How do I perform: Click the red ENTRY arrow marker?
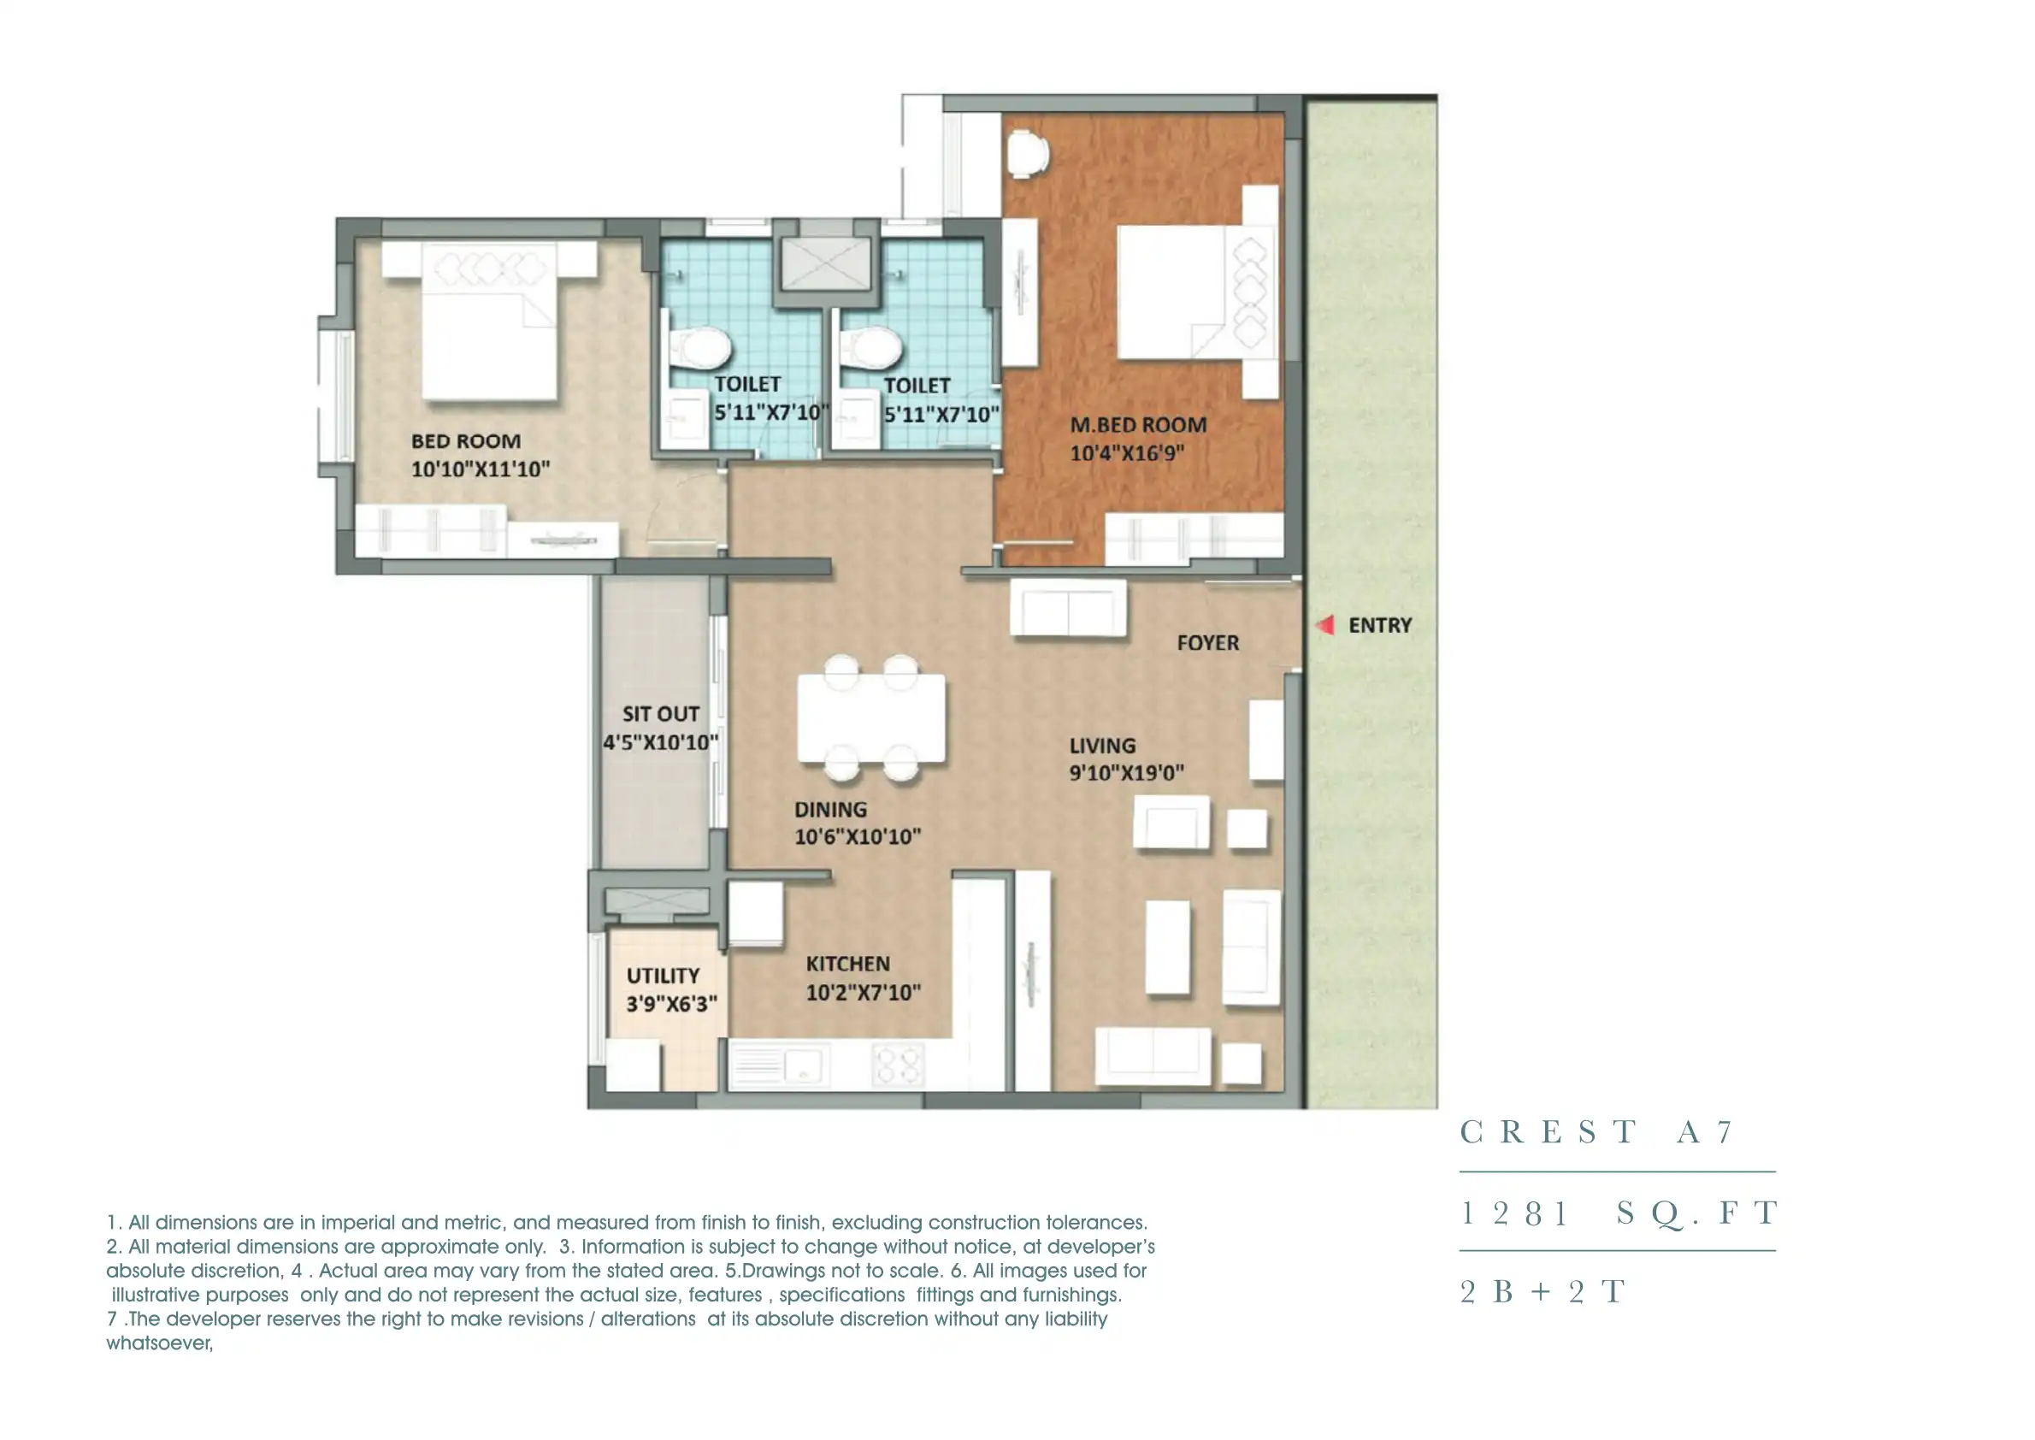tap(1325, 625)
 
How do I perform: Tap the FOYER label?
tap(1206, 643)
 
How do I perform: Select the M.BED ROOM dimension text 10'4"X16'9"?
tap(1126, 453)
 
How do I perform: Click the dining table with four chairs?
tap(870, 718)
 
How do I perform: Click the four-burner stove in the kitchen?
tap(899, 1064)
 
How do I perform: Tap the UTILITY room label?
tap(663, 976)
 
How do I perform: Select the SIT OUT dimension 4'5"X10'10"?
tap(661, 742)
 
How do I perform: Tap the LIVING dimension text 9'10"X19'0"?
tap(1126, 772)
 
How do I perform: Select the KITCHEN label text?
tap(847, 964)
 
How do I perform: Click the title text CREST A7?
tap(1596, 1132)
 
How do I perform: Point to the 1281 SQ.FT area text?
tap(1619, 1213)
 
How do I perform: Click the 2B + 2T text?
tap(1542, 1291)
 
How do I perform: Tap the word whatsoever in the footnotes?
tap(160, 1343)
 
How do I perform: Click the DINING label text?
tap(830, 810)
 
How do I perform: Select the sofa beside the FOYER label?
tap(1069, 608)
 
